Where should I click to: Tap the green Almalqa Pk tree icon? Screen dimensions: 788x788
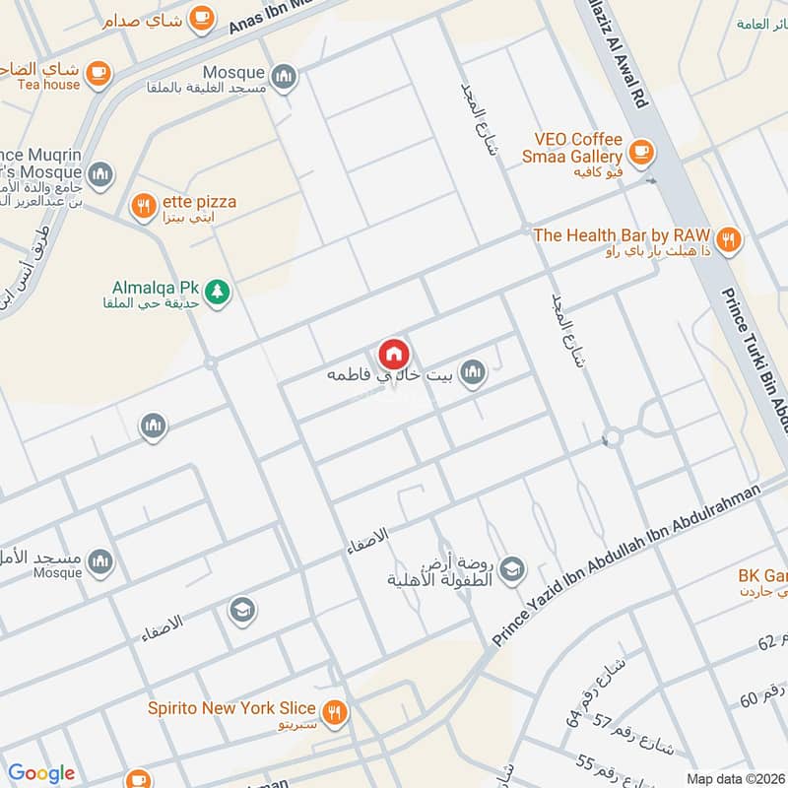[x=218, y=291]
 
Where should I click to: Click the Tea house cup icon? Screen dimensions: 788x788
[x=98, y=72]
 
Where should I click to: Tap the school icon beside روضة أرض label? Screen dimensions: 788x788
[x=511, y=568]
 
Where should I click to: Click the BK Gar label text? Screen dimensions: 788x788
[x=762, y=576]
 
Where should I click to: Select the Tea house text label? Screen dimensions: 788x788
[x=48, y=85]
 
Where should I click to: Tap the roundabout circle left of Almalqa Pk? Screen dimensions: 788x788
[x=210, y=363]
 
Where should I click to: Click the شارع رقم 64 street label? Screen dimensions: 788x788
[x=589, y=690]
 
